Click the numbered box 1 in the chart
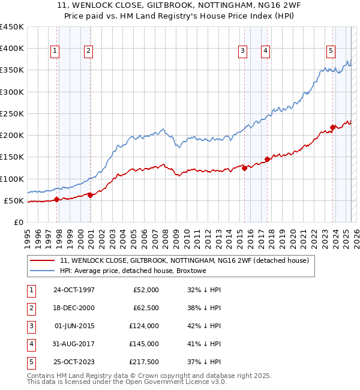(x=55, y=51)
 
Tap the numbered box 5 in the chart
(x=331, y=51)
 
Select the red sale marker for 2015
(x=244, y=169)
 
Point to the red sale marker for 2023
(x=332, y=127)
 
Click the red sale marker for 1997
(x=56, y=200)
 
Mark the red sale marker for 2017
(x=267, y=160)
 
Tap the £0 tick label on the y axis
(x=18, y=222)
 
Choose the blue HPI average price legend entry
(x=133, y=271)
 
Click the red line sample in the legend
(x=42, y=261)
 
